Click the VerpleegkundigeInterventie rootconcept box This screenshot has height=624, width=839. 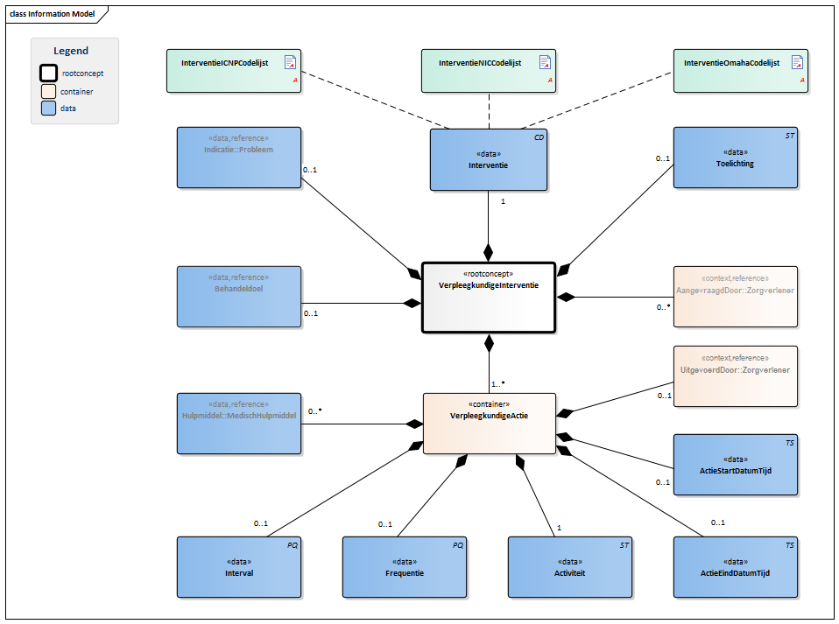489,298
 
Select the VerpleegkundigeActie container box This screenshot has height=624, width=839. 489,424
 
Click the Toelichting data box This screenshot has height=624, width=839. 735,158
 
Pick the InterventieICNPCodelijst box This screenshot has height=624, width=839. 234,71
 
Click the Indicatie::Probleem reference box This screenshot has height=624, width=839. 238,158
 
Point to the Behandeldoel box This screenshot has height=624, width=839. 238,297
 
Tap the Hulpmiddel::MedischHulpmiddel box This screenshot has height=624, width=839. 238,424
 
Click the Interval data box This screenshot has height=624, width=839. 238,567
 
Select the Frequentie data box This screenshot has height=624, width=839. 404,567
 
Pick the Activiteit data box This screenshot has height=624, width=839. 569,567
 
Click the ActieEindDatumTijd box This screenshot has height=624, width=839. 735,567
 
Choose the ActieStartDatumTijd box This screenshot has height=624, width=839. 735,465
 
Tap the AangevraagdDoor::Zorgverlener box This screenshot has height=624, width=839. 735,297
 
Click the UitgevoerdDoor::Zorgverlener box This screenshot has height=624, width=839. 735,376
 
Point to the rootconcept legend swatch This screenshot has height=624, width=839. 49,74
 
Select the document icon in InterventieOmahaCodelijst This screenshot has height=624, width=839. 797,62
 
